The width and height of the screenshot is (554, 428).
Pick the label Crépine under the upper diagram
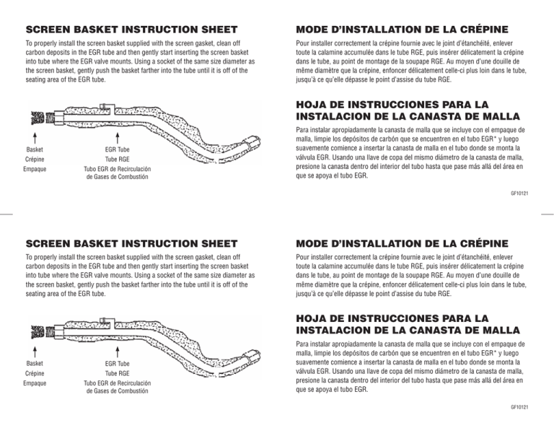(35, 160)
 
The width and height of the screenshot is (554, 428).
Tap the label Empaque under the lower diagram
(35, 384)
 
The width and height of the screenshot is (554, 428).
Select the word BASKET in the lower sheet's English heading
(109, 245)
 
